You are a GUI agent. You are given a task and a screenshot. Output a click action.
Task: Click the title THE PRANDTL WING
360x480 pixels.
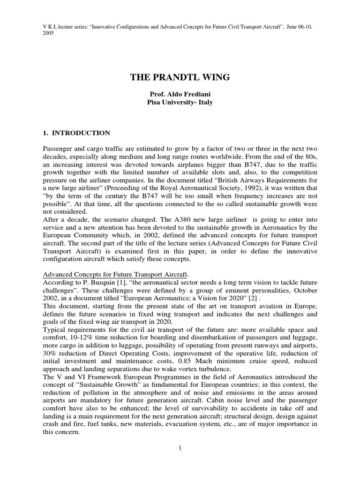click(x=180, y=77)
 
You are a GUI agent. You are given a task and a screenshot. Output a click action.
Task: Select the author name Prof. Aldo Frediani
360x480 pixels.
click(x=180, y=94)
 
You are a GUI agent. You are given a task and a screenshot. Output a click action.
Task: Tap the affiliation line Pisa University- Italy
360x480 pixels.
click(x=180, y=102)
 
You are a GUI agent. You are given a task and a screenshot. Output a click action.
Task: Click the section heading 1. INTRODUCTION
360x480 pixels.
click(x=76, y=133)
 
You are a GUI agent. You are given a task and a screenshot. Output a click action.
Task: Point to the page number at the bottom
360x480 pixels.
click(x=180, y=448)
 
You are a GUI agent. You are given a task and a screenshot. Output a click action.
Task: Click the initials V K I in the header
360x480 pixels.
click(x=51, y=26)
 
